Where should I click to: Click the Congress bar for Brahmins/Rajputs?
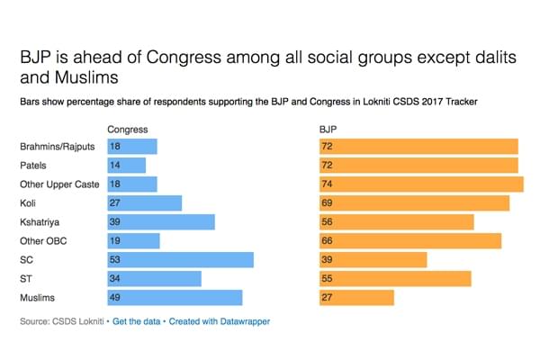(132, 146)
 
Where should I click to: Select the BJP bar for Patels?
(418, 165)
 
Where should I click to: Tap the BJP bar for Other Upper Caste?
(421, 184)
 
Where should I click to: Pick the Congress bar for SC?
(180, 260)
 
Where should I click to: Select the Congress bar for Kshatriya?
(161, 222)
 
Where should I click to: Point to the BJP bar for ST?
(395, 279)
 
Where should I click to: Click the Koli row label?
(29, 203)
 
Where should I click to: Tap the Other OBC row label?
(43, 241)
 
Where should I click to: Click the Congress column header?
(127, 130)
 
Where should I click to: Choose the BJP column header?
(328, 130)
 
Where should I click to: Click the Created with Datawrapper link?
(220, 321)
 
